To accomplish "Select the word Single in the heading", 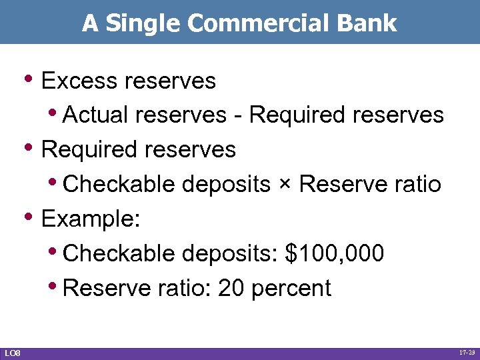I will click(144, 23).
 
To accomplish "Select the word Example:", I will click(90, 219).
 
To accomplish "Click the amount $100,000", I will click(334, 254).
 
